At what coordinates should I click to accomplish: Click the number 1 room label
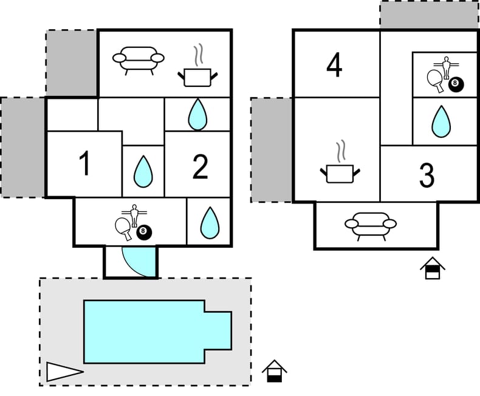click(85, 164)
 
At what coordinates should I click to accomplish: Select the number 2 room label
click(201, 167)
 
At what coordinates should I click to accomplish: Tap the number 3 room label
click(427, 175)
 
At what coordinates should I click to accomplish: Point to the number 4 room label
click(334, 66)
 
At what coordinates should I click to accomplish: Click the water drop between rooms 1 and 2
click(143, 171)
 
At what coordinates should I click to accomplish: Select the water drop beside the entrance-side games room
click(210, 223)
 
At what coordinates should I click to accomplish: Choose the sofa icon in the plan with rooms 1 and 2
click(139, 60)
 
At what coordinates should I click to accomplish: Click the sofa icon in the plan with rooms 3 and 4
click(371, 225)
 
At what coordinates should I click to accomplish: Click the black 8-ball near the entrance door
click(144, 232)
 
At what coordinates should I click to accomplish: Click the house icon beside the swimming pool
click(275, 371)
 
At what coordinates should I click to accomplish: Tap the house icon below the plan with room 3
click(432, 268)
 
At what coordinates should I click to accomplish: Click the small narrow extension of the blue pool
click(218, 331)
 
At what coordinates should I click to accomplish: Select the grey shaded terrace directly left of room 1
click(22, 147)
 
